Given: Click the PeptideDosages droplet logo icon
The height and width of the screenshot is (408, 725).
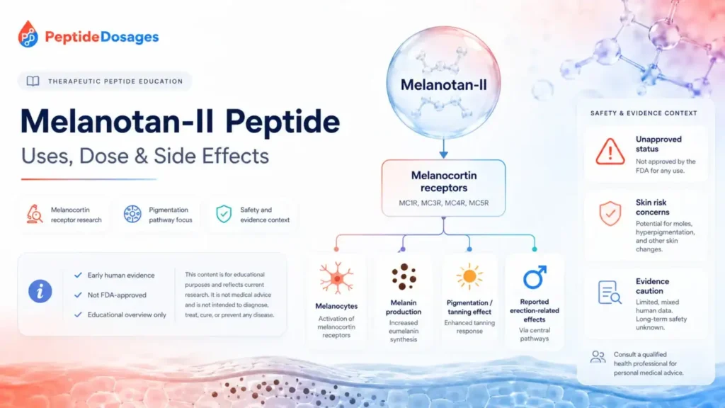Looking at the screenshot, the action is pos(28,34).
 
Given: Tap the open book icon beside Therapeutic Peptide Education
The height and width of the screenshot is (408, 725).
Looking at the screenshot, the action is pos(33,81).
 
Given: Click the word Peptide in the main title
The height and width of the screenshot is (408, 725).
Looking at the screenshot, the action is pos(282,122).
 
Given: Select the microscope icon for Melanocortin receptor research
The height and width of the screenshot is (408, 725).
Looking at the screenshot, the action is pos(34,214).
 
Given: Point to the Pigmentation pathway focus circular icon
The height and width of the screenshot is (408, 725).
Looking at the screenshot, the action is pos(132,214).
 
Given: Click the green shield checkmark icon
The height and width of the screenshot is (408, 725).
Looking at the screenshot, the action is pos(224,214).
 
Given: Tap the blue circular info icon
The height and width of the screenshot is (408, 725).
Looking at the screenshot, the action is pos(40,291).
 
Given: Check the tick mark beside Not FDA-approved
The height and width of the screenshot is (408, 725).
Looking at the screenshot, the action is pos(78,295).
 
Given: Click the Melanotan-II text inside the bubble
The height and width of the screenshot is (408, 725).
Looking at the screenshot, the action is pos(443,85).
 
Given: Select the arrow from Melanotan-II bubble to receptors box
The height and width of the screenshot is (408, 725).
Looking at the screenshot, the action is pos(443,149).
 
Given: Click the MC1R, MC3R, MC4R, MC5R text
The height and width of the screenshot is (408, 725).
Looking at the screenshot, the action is pos(443,203).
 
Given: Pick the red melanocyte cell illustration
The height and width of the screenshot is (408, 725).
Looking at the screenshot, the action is pos(336,278).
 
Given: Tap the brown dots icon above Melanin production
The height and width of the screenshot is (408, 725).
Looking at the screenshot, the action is pos(404,277).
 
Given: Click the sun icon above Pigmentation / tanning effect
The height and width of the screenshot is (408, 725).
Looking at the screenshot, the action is pos(469,277).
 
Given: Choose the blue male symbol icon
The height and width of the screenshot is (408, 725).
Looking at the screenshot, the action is pos(535,277).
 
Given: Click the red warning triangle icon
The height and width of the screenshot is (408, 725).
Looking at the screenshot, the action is pos(610,152).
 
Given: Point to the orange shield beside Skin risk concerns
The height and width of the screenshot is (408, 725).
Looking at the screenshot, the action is pos(610,213).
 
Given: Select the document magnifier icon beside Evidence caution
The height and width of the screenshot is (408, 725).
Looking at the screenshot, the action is pos(610,293).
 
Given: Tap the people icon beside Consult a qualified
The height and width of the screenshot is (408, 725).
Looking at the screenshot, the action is pos(598,357).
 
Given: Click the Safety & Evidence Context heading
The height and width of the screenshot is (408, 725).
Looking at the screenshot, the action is pos(644,113).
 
